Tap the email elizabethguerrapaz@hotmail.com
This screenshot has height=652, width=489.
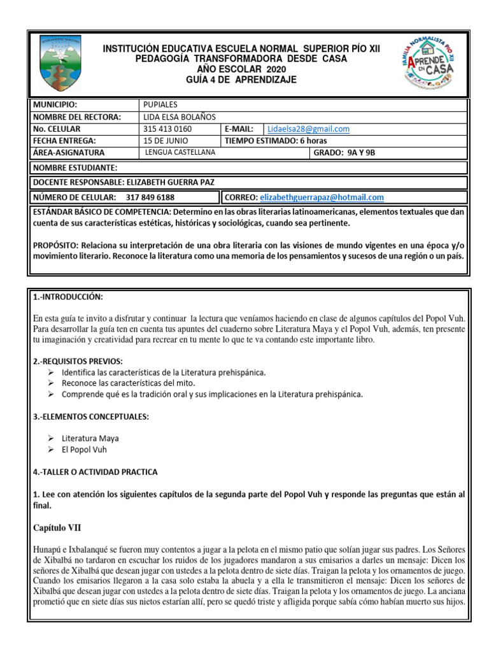(x=322, y=197)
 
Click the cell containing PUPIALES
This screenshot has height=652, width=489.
(x=160, y=104)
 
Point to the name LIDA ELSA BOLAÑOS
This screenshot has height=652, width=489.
(x=181, y=117)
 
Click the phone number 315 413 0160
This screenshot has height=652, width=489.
(x=167, y=129)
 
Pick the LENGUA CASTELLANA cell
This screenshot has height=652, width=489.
(x=180, y=153)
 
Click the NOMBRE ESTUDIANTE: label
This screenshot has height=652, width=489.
(x=74, y=167)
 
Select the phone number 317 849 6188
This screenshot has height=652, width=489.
(x=150, y=197)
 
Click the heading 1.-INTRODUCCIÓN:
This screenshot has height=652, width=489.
(x=67, y=297)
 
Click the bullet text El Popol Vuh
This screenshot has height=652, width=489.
(x=84, y=449)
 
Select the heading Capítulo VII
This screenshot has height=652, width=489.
(x=57, y=527)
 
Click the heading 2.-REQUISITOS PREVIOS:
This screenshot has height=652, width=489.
(x=78, y=361)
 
